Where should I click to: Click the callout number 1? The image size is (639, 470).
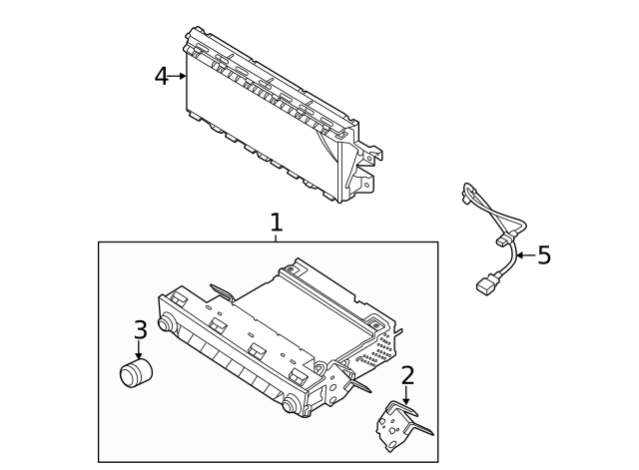277,222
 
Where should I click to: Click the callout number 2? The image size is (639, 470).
406,376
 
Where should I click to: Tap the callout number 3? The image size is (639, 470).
140,329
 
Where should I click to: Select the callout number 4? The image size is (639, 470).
161,76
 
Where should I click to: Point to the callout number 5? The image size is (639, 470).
543,255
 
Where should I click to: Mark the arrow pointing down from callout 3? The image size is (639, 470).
139,351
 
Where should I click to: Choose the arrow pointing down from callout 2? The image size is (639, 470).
406,396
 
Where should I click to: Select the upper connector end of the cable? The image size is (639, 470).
465,192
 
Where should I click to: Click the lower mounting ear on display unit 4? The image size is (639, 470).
364,184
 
